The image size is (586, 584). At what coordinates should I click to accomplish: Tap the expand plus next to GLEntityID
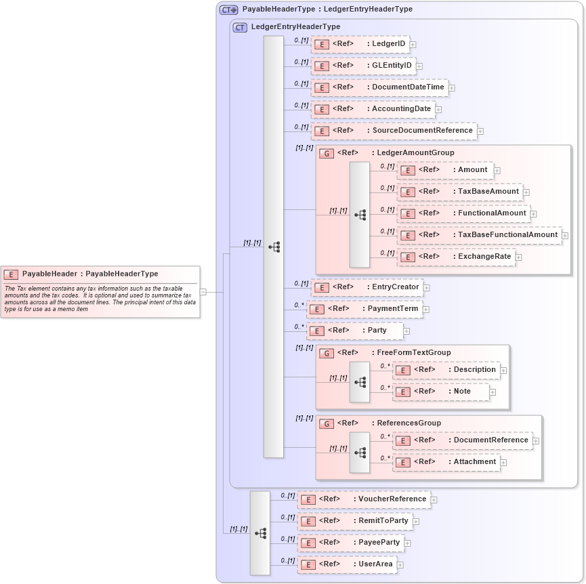point(419,66)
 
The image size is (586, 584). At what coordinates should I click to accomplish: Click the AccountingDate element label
point(401,109)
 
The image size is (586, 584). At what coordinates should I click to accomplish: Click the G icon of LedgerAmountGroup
point(326,153)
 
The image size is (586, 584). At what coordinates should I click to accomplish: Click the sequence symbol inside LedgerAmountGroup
point(360,215)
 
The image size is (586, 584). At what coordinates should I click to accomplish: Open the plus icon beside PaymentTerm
point(426,310)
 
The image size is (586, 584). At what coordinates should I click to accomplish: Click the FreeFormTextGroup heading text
point(413,352)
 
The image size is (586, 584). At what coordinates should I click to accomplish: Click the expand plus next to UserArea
point(400,564)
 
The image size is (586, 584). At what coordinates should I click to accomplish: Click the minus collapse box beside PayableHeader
point(203,292)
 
